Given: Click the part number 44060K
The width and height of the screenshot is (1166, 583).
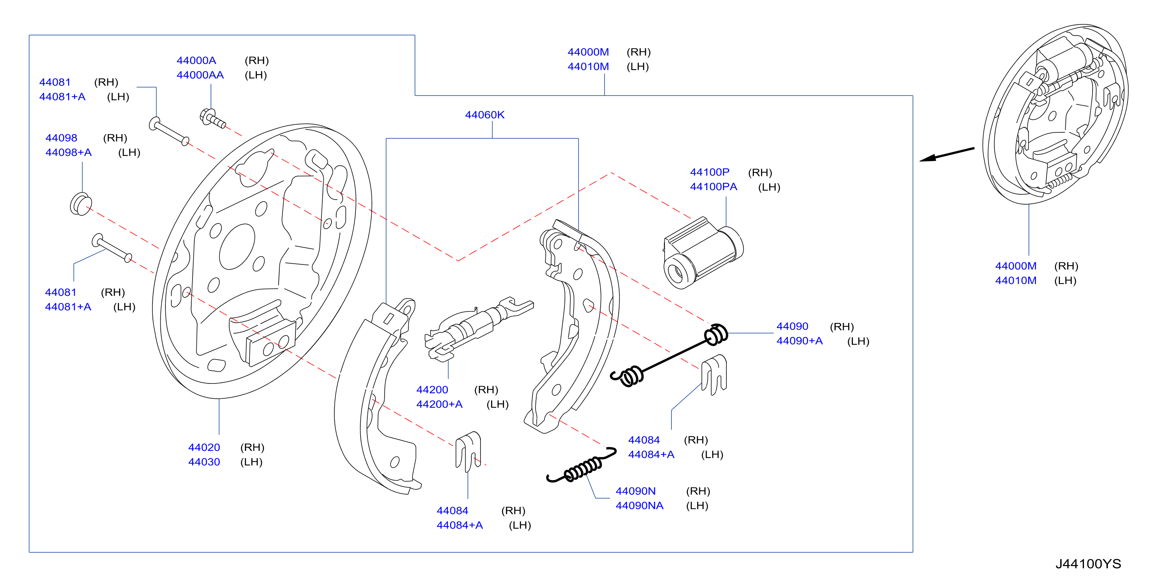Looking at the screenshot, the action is click(484, 115).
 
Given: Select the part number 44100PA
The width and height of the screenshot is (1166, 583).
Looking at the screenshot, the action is click(713, 187).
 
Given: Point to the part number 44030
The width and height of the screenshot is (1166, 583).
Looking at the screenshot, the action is click(204, 462).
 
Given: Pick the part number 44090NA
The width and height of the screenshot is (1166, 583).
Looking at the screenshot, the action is click(639, 506).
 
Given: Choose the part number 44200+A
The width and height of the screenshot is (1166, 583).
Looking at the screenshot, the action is click(439, 404).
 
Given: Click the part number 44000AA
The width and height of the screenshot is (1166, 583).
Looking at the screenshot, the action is click(200, 75).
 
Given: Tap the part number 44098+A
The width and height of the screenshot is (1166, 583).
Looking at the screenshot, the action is click(68, 152).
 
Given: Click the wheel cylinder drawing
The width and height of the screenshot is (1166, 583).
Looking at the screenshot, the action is click(703, 253).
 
